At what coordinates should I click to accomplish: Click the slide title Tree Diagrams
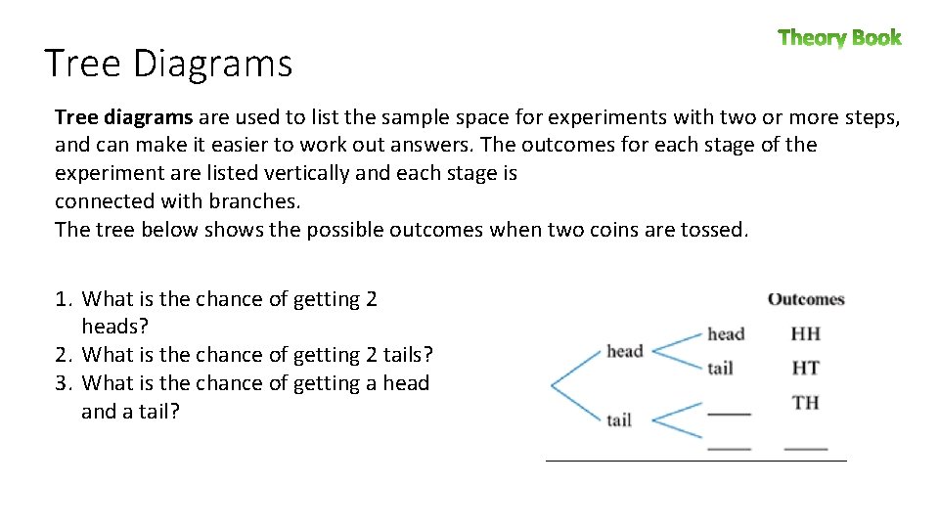[168, 64]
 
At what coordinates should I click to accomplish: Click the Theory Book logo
[839, 38]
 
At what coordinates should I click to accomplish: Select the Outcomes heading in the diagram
[806, 299]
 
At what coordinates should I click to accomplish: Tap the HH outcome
[805, 333]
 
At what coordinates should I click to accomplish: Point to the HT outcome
[805, 368]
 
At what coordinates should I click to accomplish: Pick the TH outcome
[805, 402]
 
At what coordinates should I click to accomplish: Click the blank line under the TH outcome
[805, 448]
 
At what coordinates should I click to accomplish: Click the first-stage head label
[624, 351]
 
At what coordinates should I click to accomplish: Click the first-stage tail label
[618, 420]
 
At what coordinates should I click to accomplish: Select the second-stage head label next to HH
[726, 334]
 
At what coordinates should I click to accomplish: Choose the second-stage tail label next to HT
[720, 369]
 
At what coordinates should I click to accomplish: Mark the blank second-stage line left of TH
[728, 414]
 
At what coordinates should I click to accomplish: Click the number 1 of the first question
[61, 299]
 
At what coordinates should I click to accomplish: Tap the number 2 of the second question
[61, 355]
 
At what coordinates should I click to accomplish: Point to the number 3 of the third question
[61, 383]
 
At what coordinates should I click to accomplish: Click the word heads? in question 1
[114, 327]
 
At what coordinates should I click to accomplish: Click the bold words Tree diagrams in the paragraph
[123, 117]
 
